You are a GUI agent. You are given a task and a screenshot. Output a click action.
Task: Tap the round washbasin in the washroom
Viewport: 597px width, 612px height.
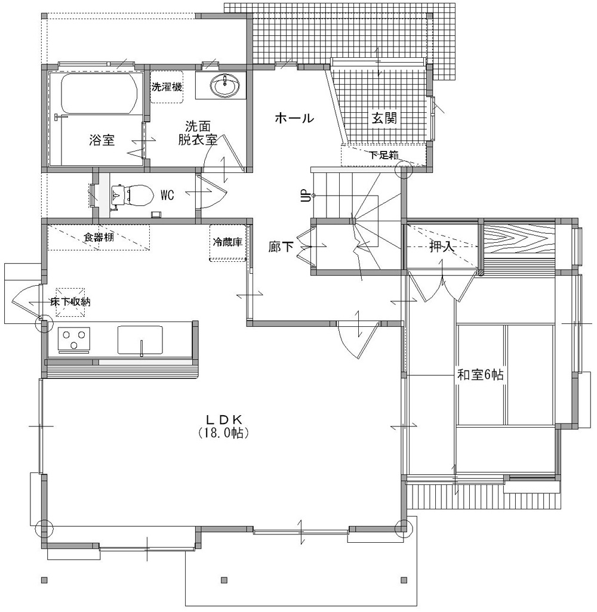224,85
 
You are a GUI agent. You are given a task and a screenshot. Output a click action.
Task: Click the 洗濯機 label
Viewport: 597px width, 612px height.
167,86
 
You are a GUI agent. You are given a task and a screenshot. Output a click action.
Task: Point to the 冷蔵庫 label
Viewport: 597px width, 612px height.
227,242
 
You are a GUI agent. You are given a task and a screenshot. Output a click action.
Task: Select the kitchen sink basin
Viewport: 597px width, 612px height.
140,339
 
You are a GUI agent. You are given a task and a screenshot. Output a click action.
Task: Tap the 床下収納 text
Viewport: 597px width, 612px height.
70,302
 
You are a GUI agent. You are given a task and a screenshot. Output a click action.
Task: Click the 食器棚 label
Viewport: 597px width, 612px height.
99,237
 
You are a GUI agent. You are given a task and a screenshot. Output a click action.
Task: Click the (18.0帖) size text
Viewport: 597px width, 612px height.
223,432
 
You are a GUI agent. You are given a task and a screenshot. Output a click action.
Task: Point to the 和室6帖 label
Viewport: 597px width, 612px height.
480,375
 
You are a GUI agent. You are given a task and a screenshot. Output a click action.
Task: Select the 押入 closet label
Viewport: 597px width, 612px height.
442,247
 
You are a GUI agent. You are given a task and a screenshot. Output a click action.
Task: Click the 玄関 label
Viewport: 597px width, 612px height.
384,118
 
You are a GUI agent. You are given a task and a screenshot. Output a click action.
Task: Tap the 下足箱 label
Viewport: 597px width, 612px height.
384,155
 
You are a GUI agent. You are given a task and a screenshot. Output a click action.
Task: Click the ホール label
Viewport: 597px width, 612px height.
294,118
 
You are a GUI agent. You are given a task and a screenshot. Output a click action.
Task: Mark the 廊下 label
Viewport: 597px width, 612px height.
281,247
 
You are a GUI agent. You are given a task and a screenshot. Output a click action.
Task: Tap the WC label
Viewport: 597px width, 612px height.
167,195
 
